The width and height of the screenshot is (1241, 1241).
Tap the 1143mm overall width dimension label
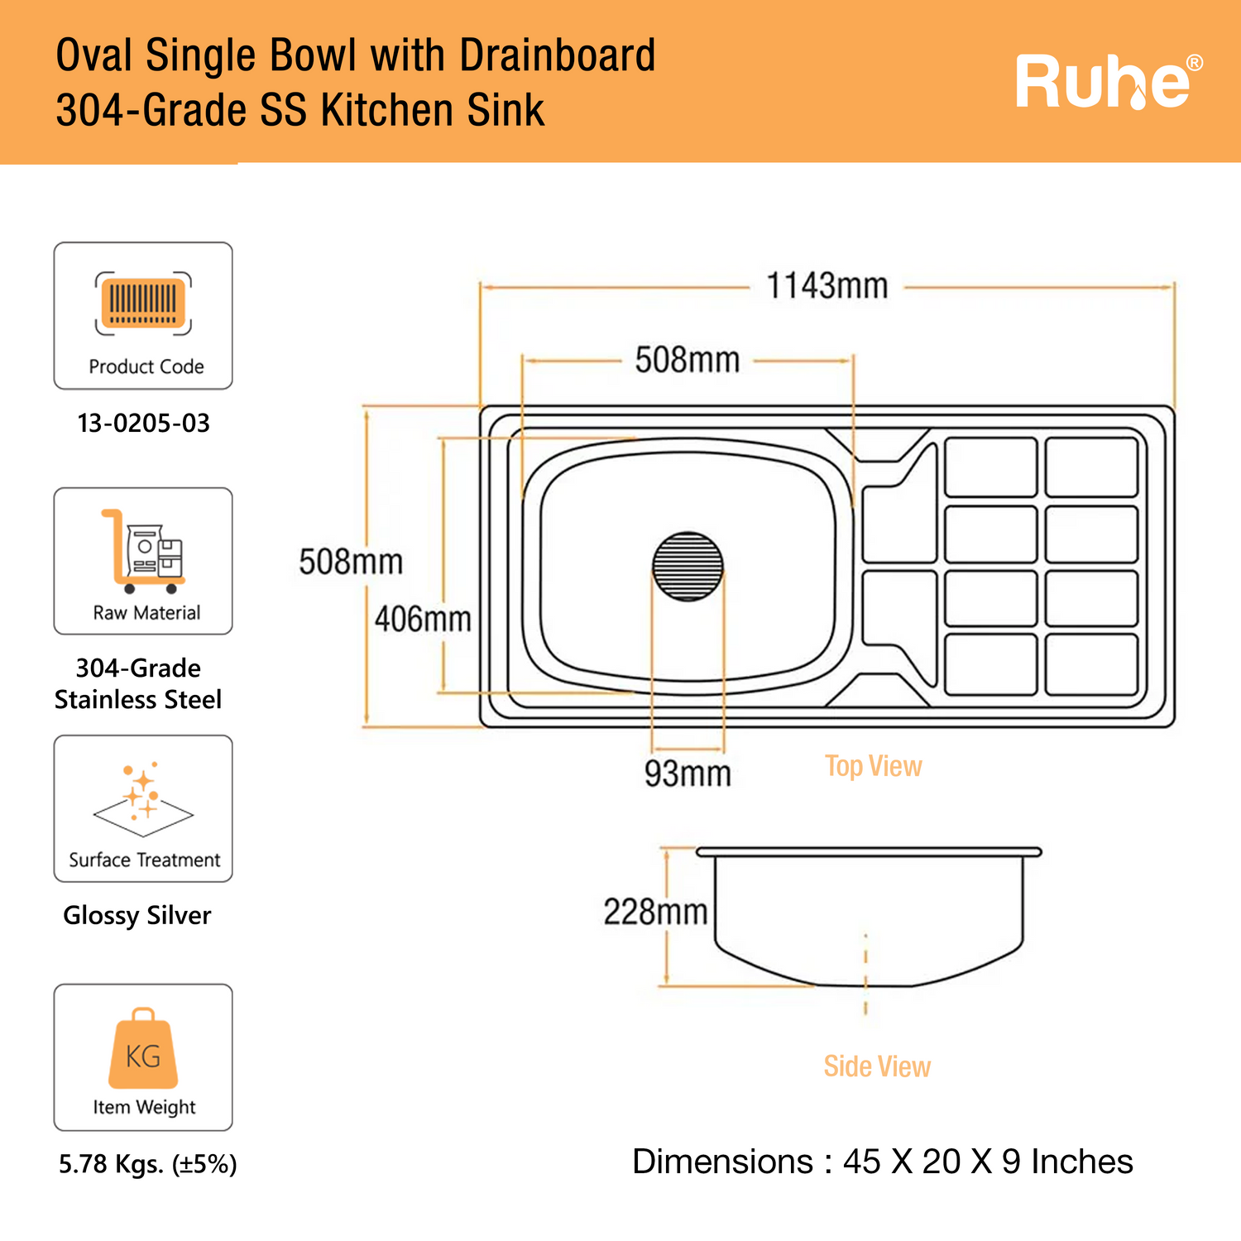pos(827,286)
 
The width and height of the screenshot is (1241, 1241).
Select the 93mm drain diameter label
pos(688,774)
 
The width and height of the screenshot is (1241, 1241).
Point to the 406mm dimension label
pos(423,619)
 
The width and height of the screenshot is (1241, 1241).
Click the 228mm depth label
pos(655,912)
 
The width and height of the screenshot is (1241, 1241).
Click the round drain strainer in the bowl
pos(688,566)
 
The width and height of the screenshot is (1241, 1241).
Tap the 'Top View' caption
pos(873,766)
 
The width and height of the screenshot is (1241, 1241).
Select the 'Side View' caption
pos(877,1066)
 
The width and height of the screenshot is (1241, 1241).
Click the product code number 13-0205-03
pos(144,424)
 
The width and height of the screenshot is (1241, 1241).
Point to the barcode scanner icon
pos(143,304)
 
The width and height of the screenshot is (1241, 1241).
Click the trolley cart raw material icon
pos(143,551)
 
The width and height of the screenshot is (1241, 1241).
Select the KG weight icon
pos(143,1048)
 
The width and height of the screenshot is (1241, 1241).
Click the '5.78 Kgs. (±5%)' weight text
pos(147,1164)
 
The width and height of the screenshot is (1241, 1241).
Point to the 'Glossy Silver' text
pos(137,916)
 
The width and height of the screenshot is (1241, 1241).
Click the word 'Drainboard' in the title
pos(557,56)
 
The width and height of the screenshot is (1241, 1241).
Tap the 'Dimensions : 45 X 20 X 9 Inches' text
pos(882,1162)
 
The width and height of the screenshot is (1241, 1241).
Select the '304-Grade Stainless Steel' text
pos(138,683)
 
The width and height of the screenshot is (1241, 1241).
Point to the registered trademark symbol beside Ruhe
pos(1194,63)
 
